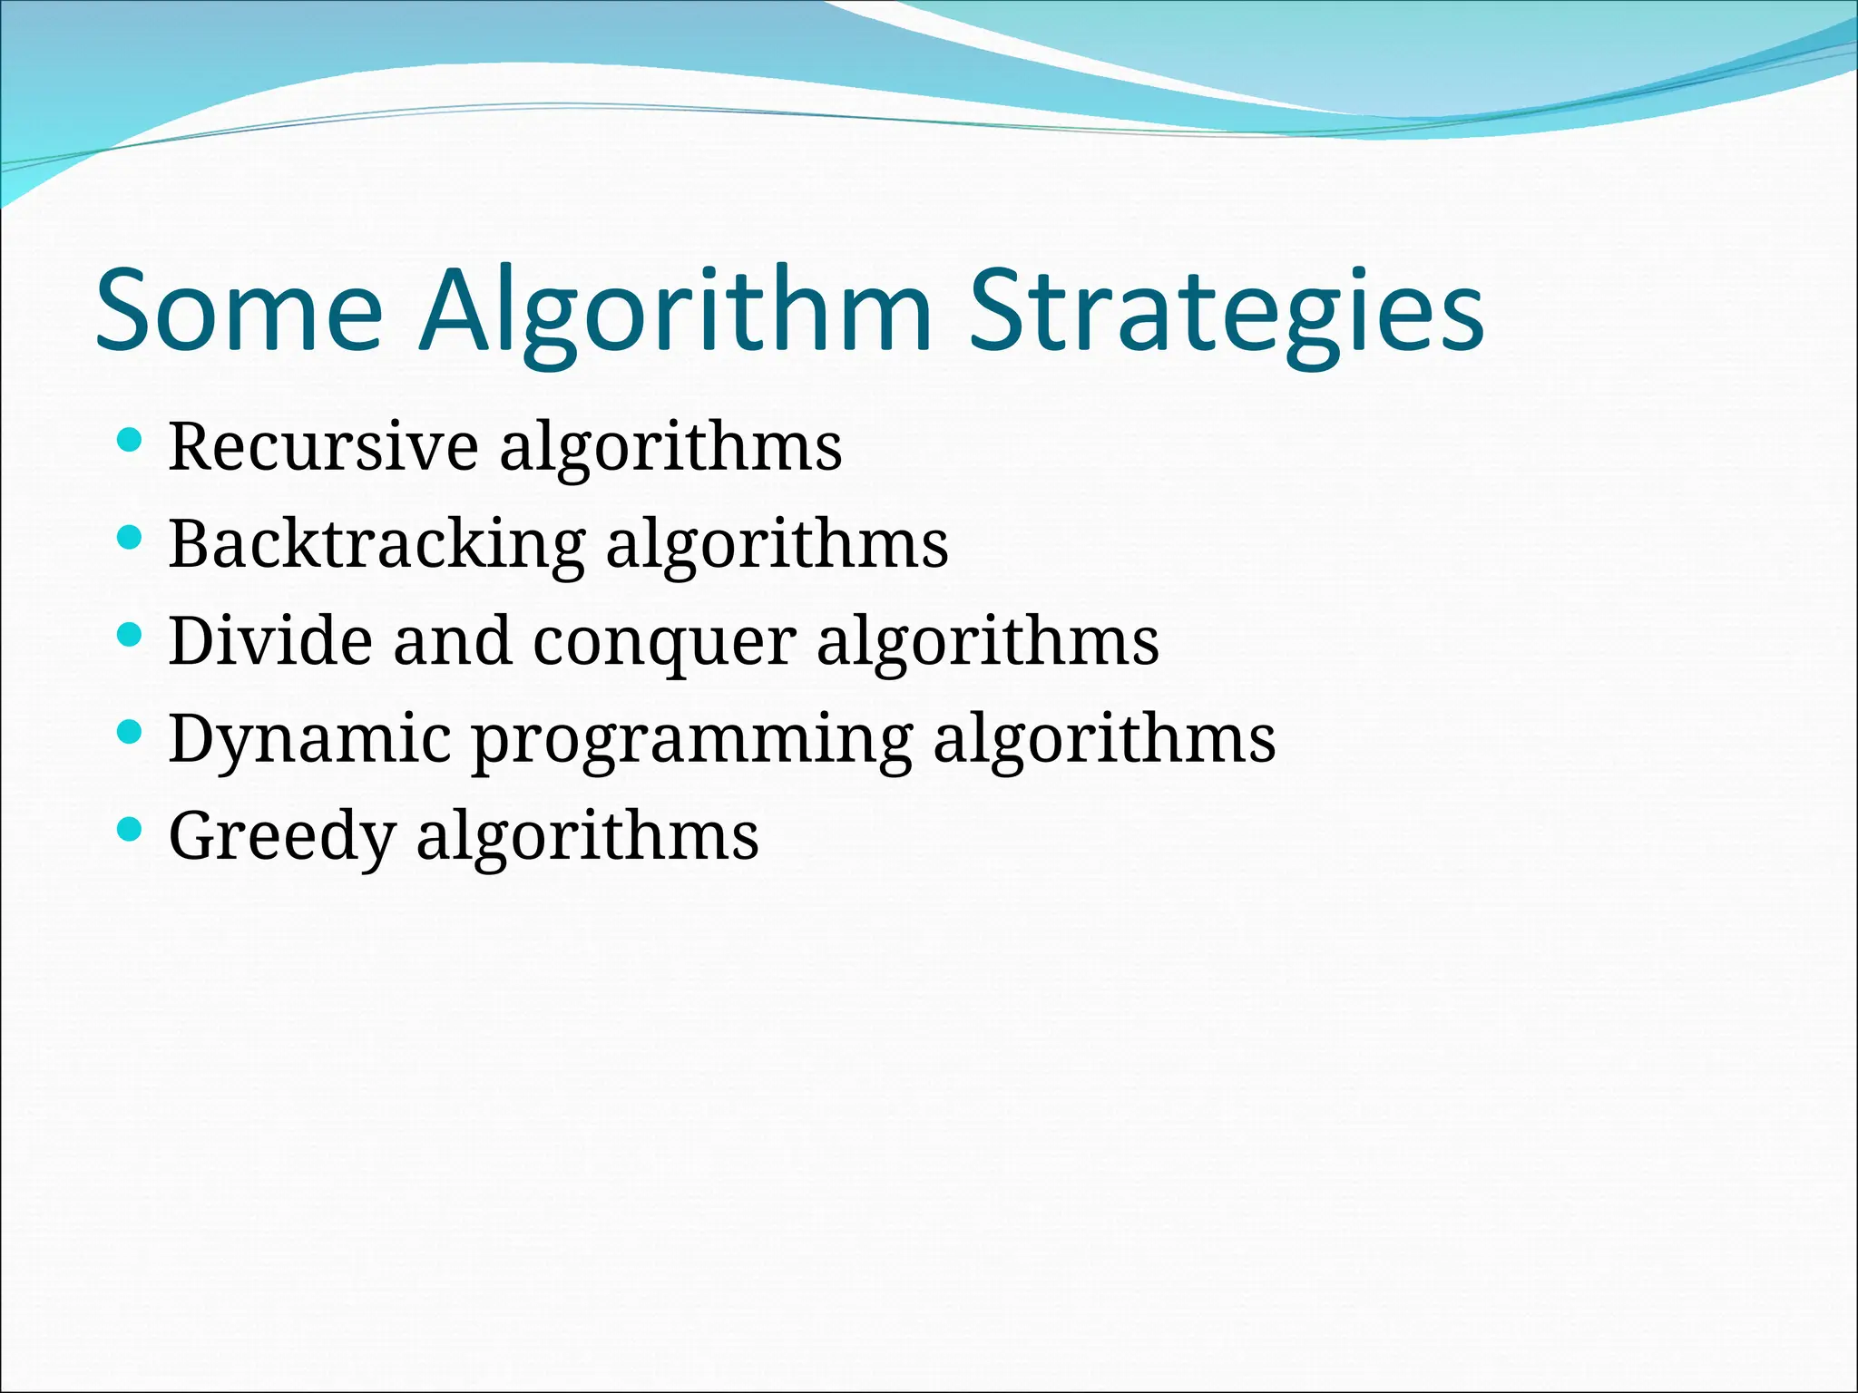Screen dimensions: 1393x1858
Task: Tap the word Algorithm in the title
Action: click(x=675, y=310)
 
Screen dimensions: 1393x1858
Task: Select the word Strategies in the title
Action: click(x=1227, y=310)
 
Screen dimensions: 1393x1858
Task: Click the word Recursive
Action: click(x=323, y=447)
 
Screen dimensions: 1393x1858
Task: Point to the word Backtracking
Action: click(x=376, y=544)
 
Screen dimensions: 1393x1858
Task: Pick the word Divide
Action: click(x=270, y=641)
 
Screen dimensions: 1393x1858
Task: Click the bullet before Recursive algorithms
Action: click(x=131, y=441)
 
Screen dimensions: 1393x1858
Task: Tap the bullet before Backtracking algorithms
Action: click(x=131, y=538)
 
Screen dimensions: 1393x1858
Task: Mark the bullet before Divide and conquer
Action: click(x=131, y=635)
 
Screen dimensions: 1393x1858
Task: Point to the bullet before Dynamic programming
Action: click(x=131, y=732)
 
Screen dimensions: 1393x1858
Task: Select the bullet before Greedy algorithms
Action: click(x=131, y=829)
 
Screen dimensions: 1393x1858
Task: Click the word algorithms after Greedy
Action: click(x=587, y=835)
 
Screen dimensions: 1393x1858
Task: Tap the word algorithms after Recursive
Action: click(x=670, y=447)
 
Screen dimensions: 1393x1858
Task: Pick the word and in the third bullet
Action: click(x=452, y=641)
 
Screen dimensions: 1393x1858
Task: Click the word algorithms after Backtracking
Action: click(x=777, y=544)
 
